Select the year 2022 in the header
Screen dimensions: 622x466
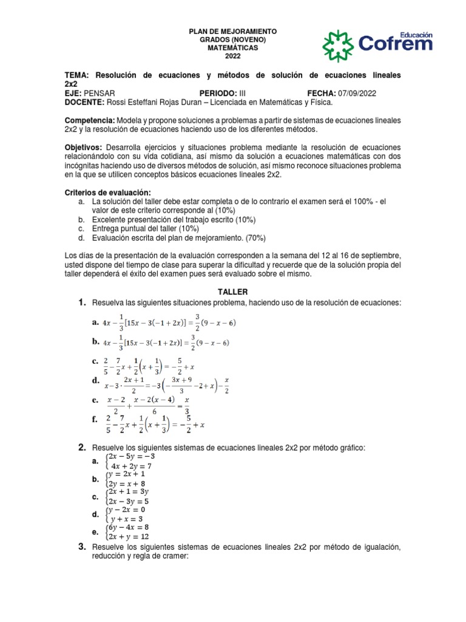point(233,56)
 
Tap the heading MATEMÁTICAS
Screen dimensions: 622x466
point(233,47)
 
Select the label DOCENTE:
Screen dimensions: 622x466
point(84,102)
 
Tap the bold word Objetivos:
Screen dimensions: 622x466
point(84,148)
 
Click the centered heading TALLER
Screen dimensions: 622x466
point(232,292)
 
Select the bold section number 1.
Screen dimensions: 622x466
point(81,302)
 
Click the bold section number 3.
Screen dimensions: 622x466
point(81,547)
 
